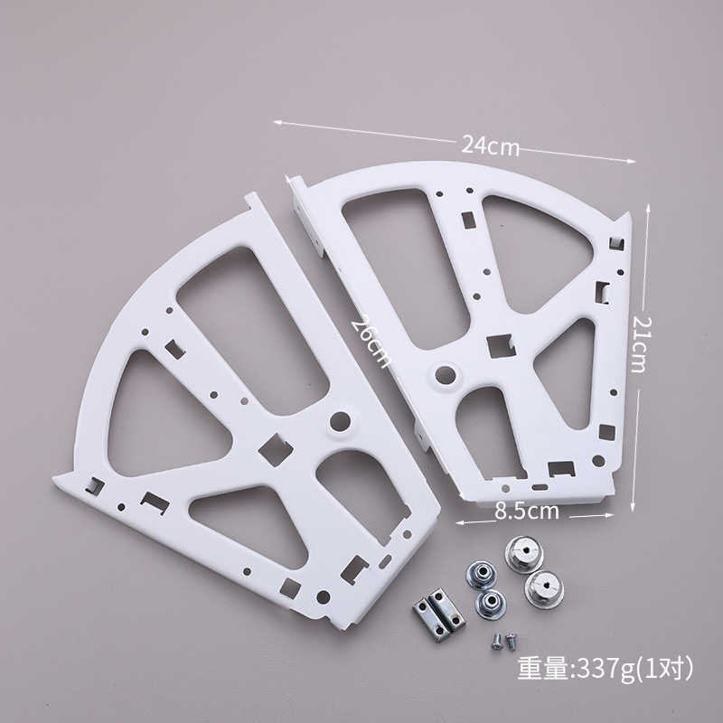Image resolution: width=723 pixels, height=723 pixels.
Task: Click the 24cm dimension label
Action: point(490,146)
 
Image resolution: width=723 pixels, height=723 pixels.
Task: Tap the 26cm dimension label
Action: point(371,342)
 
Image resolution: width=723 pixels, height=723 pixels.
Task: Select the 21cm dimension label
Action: point(641,344)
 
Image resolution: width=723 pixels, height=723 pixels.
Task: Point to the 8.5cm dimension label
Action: point(527,511)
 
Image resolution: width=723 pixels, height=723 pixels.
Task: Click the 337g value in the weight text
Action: point(606,670)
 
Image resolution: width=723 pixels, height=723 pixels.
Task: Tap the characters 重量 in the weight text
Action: point(544,669)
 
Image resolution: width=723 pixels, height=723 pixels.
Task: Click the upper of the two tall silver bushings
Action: point(524,553)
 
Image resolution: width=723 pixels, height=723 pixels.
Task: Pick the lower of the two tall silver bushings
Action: point(544,589)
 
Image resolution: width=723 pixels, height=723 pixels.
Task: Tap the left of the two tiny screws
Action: point(496,642)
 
